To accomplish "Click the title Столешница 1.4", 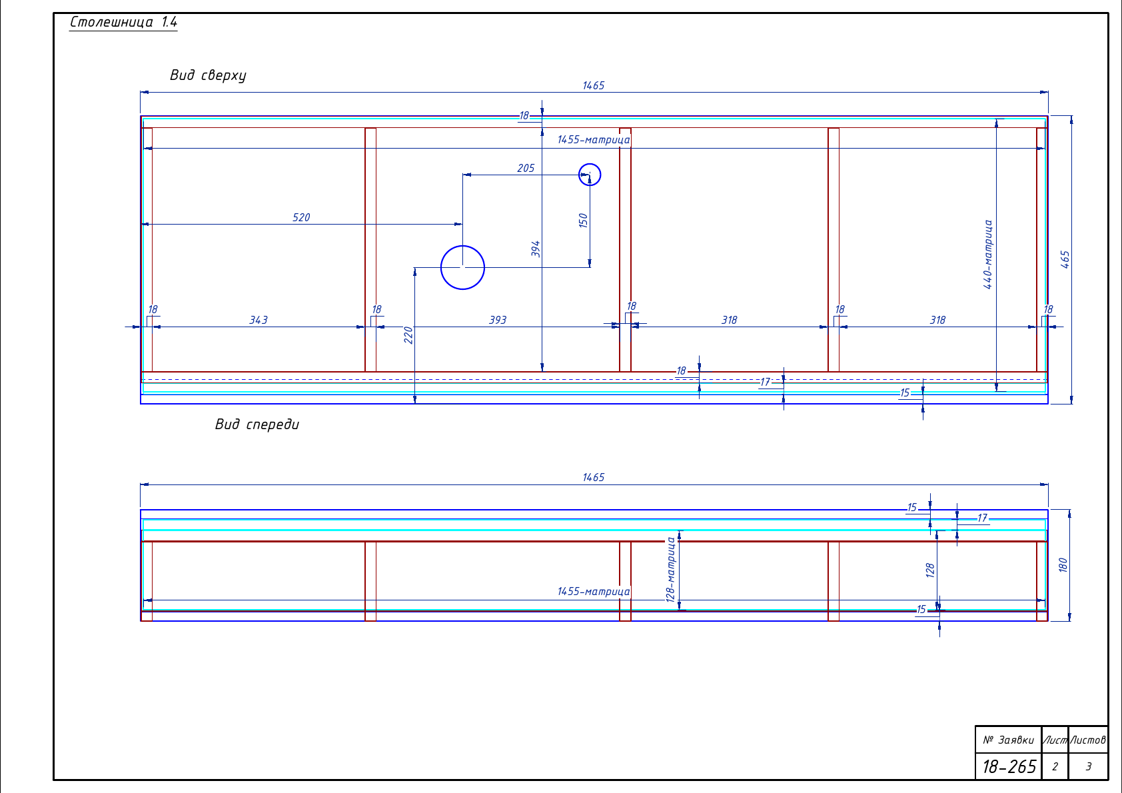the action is tap(123, 22).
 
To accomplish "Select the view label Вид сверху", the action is tap(208, 75).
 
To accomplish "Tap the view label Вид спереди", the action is tap(257, 424).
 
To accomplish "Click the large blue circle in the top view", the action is tap(462, 245).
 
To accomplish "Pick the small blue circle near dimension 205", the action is tap(590, 164).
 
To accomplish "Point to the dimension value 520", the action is tap(301, 217).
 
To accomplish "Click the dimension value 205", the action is tap(526, 169).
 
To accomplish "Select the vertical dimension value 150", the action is tap(583, 221).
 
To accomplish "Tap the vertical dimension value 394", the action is tap(536, 249).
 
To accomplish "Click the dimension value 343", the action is tap(259, 320).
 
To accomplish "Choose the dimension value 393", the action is tap(498, 320).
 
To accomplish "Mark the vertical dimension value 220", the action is tap(408, 335).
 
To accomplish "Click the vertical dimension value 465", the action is tap(1065, 259).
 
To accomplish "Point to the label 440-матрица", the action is tap(987, 255).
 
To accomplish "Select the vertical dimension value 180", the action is tap(1063, 565).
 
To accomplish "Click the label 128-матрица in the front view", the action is tap(670, 570).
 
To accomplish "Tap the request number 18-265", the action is tap(1009, 766).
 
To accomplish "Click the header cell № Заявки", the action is tap(1008, 740).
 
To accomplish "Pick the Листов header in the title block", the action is tap(1088, 740).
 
